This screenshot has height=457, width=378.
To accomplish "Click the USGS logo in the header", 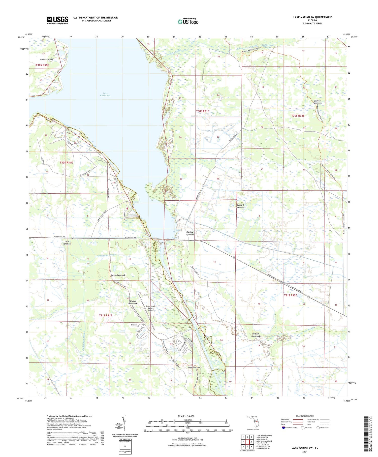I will coord(57,20).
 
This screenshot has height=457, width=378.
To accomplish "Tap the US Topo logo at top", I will coord(188,21).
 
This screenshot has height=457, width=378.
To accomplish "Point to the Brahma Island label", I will coord(47,59).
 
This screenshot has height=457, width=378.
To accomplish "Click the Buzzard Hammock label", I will coord(240,206).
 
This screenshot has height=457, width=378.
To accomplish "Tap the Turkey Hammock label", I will coord(190,233).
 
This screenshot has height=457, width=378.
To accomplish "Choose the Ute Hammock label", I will coord(67,242).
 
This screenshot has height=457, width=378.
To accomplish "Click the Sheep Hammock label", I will coord(118,275).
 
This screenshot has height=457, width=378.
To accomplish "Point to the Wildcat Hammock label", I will coord(133,302).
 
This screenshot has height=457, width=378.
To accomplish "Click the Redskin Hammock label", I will coord(256,335).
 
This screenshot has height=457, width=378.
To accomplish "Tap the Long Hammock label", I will coord(195,367).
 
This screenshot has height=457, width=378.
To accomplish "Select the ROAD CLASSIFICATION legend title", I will coord(305,416).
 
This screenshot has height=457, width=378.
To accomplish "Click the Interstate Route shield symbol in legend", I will coord(283,428).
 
